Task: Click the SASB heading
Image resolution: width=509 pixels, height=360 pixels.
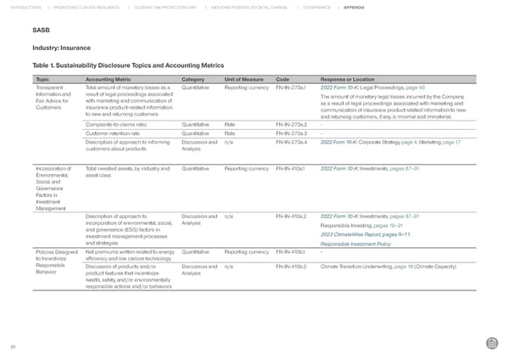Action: point(40,32)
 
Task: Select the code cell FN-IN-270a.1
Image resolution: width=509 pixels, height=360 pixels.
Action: point(290,87)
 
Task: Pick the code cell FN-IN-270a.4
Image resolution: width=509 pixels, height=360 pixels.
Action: point(290,141)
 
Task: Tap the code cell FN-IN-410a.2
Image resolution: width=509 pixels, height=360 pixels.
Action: point(290,218)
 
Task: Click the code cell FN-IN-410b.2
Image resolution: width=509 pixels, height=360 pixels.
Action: point(290,266)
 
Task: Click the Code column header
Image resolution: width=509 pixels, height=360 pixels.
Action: point(283,79)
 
